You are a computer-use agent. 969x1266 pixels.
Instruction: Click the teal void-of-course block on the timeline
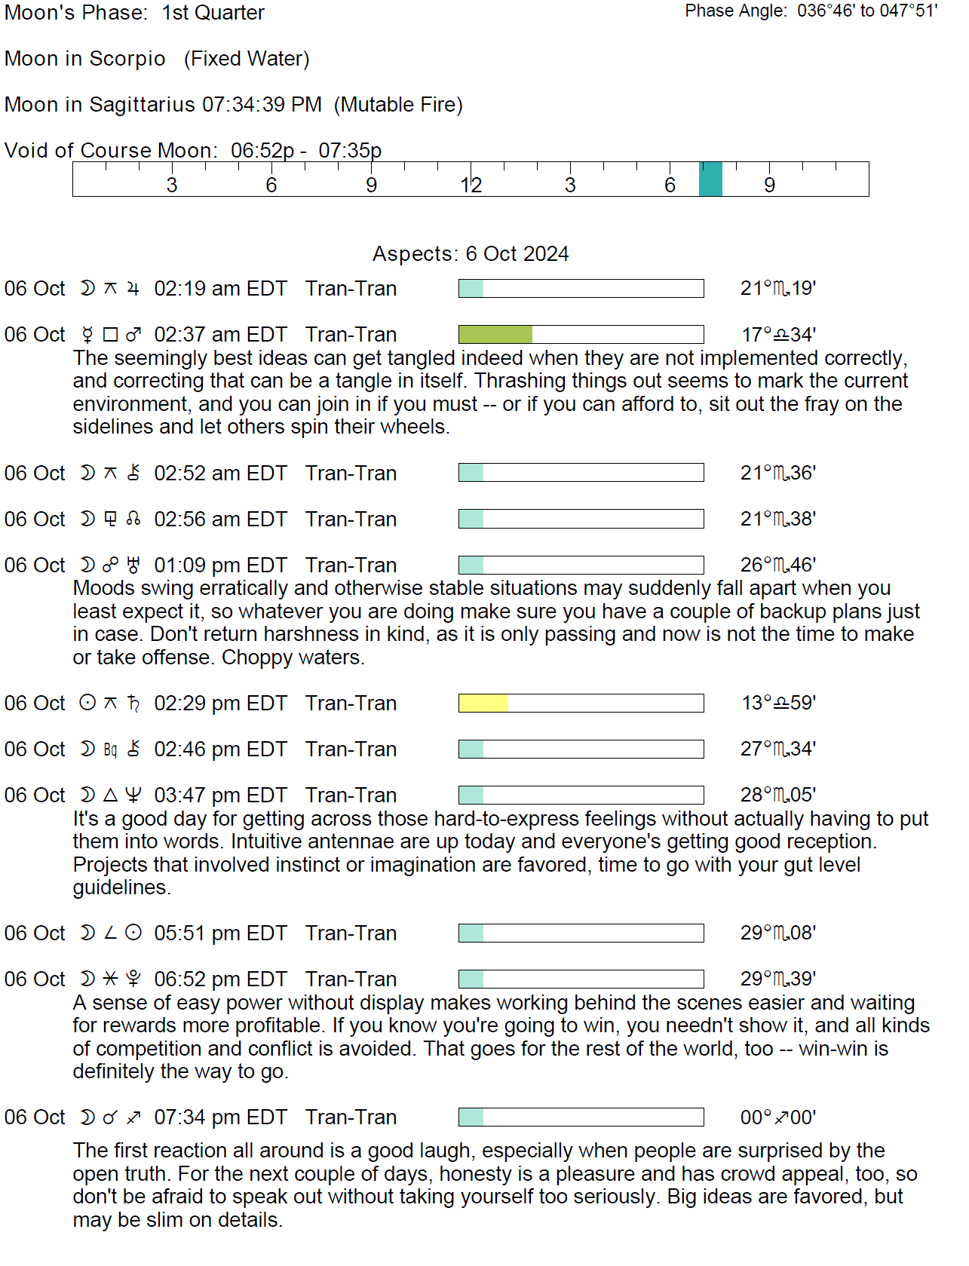710,179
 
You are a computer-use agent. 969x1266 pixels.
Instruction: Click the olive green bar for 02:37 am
495,334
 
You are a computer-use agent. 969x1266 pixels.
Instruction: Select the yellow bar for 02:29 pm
483,703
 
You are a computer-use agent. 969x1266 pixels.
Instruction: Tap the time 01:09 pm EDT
220,565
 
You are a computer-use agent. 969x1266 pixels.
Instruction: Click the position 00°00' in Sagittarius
777,1117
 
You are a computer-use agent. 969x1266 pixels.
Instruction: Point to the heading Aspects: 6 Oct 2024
471,253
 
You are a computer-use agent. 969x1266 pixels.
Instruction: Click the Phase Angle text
811,11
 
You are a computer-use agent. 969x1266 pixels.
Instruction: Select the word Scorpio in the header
127,59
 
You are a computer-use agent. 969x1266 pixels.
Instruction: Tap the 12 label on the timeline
471,185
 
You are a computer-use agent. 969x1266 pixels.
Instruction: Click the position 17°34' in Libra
777,334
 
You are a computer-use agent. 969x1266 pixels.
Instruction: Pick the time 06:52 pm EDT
220,979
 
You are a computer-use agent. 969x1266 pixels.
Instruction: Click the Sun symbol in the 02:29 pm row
87,703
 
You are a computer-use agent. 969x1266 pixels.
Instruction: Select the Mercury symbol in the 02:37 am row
87,334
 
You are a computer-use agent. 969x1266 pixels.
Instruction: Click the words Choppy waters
293,657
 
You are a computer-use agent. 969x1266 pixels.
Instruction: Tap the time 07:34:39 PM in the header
262,104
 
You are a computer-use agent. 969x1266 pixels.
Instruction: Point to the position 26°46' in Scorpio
777,565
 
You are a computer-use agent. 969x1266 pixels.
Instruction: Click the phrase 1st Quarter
213,13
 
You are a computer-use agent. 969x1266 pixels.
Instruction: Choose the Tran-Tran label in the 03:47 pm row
351,795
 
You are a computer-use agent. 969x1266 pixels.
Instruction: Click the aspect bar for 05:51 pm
581,933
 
